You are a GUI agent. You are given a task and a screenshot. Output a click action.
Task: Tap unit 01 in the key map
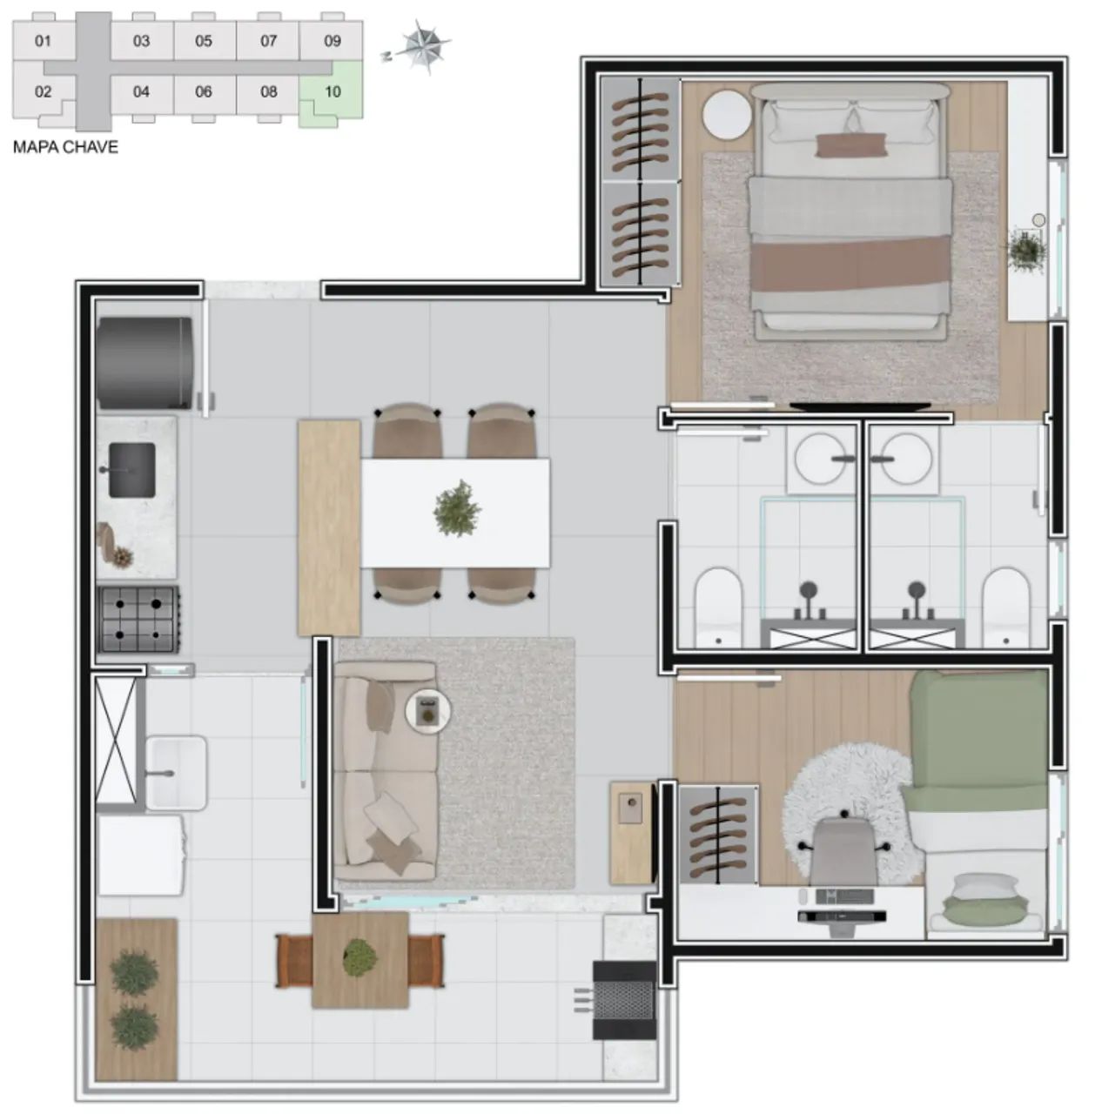click(x=43, y=41)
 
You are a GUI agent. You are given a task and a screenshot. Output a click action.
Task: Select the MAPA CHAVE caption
click(x=65, y=147)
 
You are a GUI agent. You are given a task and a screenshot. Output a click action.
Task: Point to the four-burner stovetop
click(x=138, y=619)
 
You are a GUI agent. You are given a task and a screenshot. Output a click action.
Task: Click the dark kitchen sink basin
click(x=132, y=471)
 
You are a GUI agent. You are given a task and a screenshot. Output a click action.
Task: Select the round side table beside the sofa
click(x=427, y=710)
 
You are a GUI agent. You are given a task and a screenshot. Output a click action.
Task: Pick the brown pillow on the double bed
click(x=851, y=145)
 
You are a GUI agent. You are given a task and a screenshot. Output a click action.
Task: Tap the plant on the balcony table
click(x=359, y=958)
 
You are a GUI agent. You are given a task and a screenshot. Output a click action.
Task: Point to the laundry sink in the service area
click(x=175, y=772)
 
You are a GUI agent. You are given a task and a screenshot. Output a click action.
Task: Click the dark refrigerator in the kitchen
click(x=144, y=363)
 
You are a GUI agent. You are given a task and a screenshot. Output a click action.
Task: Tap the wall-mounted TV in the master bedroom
click(x=860, y=406)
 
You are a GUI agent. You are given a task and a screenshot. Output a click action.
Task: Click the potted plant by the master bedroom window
click(x=1027, y=249)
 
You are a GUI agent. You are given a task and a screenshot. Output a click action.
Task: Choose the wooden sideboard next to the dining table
click(x=328, y=528)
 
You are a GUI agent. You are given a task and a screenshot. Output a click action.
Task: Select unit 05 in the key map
click(x=204, y=41)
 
